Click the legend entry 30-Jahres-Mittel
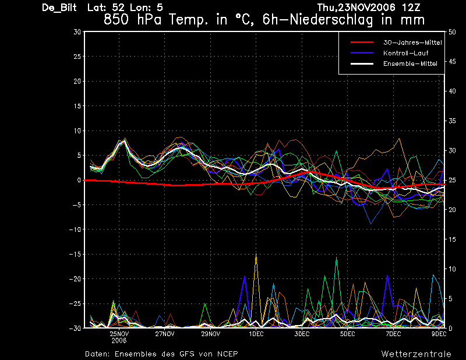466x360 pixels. tap(412, 43)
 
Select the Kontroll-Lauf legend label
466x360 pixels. tap(405, 53)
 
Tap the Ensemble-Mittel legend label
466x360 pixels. tap(410, 63)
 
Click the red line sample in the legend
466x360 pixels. tap(362, 43)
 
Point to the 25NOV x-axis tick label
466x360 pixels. tap(119, 334)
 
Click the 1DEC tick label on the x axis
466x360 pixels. tap(256, 334)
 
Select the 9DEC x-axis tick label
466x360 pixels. tap(439, 334)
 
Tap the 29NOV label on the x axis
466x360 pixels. tap(211, 334)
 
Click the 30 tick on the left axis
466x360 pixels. tap(77, 32)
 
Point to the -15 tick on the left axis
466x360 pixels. tap(75, 254)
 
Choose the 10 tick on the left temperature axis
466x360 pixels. tap(77, 130)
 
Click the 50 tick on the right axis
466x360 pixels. tap(452, 32)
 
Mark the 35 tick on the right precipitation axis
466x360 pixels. tap(452, 121)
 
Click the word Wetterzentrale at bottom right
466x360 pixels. tap(416, 354)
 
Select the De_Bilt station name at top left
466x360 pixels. tap(59, 8)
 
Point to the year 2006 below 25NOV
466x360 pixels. tap(119, 341)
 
